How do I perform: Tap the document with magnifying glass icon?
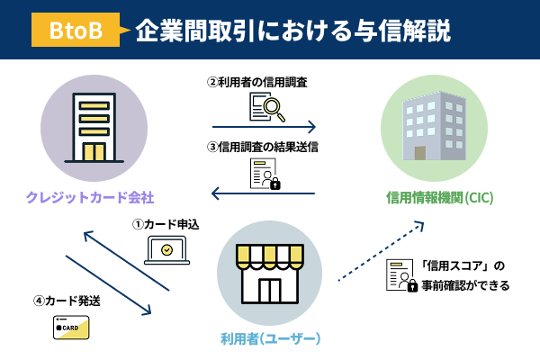click(264, 107)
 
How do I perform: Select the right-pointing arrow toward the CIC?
click(264, 127)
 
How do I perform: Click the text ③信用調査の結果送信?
click(264, 147)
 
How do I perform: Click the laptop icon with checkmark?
click(165, 250)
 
